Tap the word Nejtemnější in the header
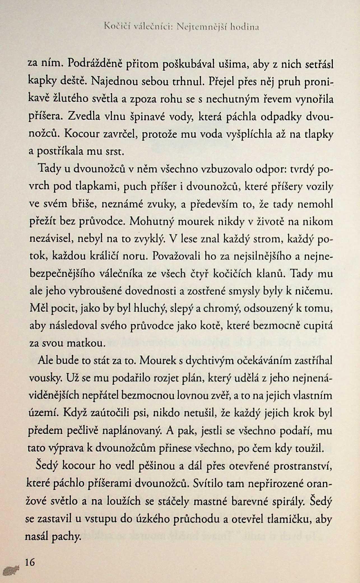pyautogui.click(x=206, y=27)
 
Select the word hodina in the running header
pyautogui.click(x=245, y=27)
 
